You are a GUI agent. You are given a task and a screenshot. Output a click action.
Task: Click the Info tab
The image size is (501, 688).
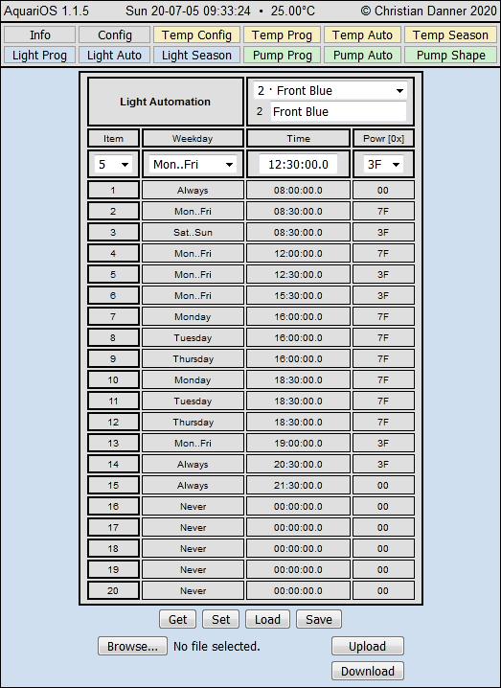(40, 35)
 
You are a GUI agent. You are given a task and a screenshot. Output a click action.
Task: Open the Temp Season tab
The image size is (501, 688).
(451, 35)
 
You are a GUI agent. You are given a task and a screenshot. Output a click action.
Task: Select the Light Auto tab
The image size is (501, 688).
(114, 55)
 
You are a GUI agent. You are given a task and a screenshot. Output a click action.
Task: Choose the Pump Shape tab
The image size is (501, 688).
(451, 55)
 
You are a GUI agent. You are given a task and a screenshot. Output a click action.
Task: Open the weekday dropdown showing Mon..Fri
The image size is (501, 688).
(193, 164)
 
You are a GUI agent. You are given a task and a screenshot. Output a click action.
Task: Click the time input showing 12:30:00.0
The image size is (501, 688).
(298, 164)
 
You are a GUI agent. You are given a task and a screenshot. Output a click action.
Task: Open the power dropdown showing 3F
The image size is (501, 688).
(383, 164)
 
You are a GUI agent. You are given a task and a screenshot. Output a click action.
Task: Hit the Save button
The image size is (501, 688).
(319, 619)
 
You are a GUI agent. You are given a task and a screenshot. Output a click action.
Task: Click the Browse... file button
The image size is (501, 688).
(132, 646)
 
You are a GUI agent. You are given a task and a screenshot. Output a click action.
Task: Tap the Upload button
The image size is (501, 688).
(367, 646)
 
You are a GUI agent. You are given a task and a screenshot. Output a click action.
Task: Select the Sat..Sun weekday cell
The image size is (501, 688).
(193, 232)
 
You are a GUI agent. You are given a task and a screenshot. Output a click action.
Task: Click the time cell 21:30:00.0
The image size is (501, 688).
(298, 486)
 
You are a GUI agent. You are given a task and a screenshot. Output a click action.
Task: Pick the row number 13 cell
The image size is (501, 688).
(114, 444)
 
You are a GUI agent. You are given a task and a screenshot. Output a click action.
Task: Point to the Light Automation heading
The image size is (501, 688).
(166, 102)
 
